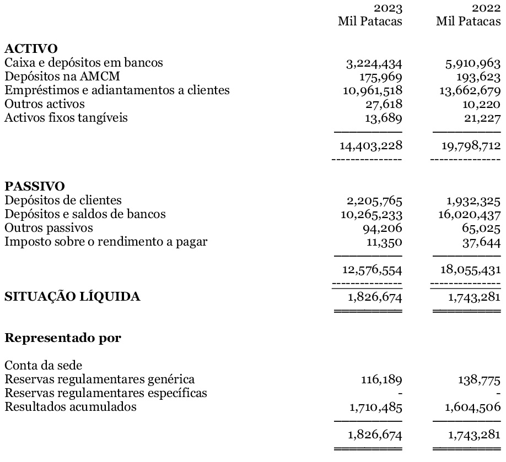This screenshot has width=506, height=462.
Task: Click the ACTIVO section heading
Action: pos(31,50)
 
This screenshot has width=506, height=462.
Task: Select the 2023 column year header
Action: pos(388,9)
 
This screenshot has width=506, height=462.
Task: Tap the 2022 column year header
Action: pos(486,9)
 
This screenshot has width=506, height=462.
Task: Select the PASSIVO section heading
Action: pos(34,187)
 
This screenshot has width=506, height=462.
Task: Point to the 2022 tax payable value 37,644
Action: pos(481,241)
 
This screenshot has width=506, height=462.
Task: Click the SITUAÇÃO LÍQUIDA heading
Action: pos(72,297)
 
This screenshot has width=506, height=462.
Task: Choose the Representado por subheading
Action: pos(62,338)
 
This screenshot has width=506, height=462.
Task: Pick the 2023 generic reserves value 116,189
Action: pos(380,380)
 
